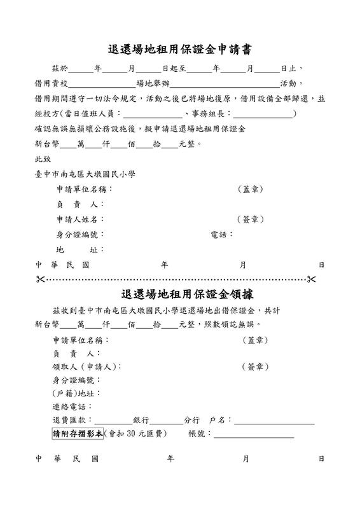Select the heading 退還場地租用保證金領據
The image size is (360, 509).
coord(179,295)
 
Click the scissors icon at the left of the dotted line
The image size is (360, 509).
coord(41,279)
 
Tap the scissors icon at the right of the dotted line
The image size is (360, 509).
coord(311,279)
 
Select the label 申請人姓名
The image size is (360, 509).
coord(80,220)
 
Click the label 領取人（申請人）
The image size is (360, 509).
coord(86,367)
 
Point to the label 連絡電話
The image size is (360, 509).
coord(72,407)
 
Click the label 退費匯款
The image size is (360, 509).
coord(72,421)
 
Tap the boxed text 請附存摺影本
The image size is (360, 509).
coord(77,435)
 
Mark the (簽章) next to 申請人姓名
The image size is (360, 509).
coord(250,220)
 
